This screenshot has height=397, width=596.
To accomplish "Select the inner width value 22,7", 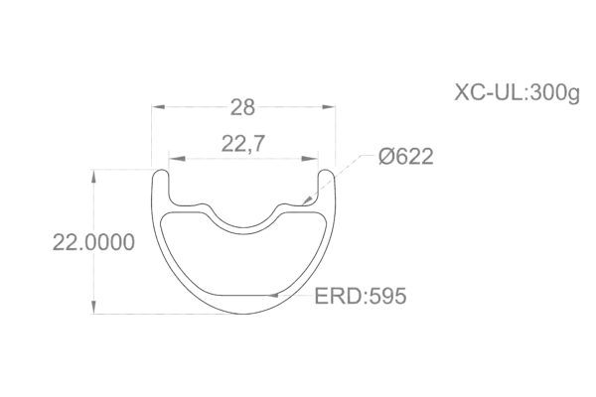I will (243, 145).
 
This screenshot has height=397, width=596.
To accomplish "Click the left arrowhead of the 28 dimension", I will (155, 106).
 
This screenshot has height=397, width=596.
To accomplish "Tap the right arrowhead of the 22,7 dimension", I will (317, 156).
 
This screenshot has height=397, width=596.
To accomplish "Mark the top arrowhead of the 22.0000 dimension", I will (94, 174).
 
